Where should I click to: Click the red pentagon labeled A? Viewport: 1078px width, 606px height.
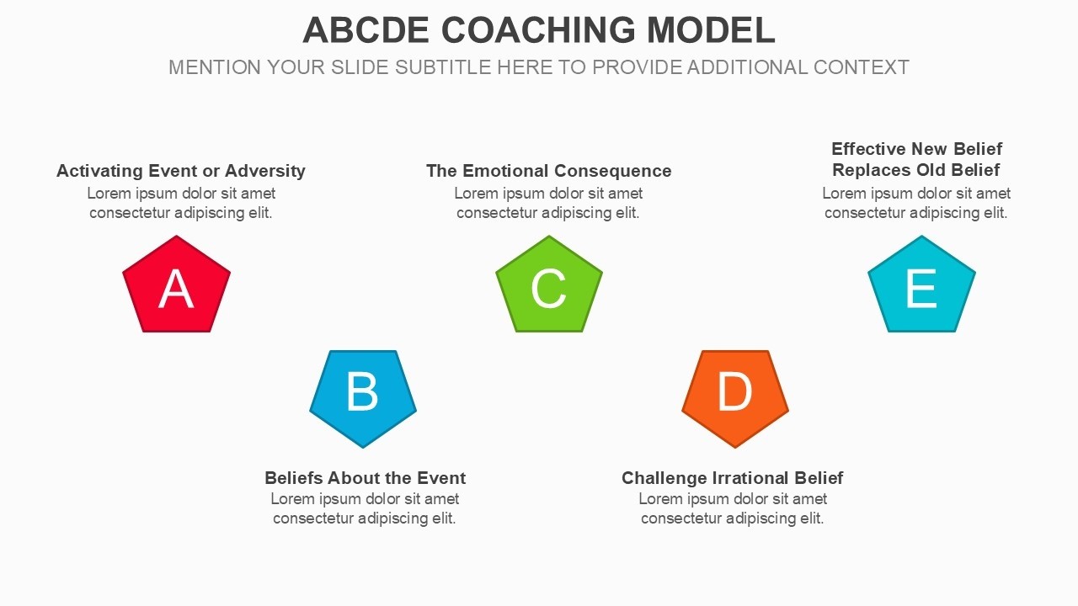coord(176,286)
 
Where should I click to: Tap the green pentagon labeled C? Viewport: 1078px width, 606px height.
coord(549,286)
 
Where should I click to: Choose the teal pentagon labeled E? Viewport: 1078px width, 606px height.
coord(921,286)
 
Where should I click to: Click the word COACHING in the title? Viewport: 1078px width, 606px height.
coord(538,30)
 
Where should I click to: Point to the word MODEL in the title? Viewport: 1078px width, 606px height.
coord(711,30)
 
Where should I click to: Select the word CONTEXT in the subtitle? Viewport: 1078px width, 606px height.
coord(861,67)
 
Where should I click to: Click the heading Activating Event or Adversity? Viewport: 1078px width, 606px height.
coord(180,171)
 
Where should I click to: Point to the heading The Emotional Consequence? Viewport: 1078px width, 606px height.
coord(548,171)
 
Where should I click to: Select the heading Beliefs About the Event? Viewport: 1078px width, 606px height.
coord(365,478)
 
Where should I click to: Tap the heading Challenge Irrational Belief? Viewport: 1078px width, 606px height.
coord(732,478)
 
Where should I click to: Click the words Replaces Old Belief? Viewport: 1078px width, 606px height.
coord(915,170)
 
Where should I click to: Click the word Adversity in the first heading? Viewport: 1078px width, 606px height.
coord(264,171)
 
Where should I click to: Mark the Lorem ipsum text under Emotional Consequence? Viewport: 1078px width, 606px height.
coord(548,203)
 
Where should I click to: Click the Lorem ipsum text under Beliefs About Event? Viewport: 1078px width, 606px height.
coord(365,508)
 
